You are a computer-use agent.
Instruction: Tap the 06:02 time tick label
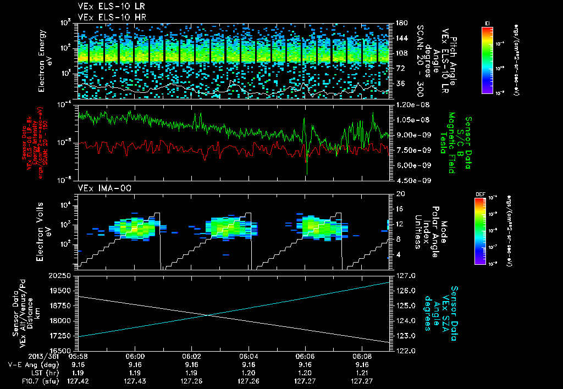pyautogui.click(x=191, y=357)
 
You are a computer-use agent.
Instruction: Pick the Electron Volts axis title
pyautogui.click(x=45, y=230)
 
